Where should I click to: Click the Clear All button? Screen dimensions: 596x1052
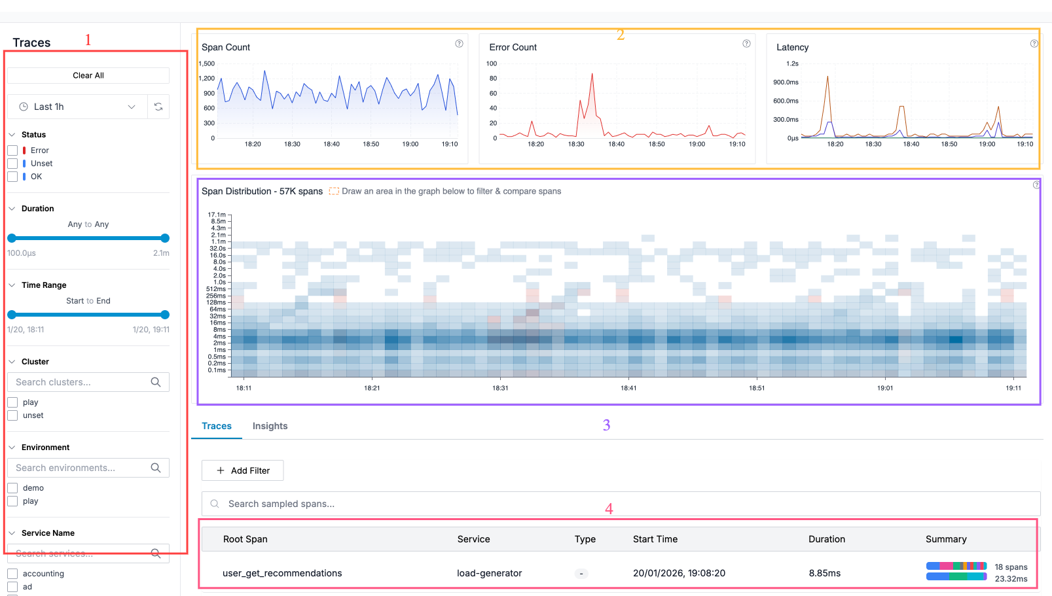click(x=88, y=75)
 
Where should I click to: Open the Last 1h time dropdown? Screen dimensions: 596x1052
click(x=77, y=107)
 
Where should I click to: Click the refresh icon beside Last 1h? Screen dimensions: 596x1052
click(x=158, y=107)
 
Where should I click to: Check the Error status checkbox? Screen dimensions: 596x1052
click(x=12, y=150)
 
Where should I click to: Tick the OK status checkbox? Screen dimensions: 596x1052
click(x=12, y=177)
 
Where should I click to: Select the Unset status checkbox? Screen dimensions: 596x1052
click(x=12, y=164)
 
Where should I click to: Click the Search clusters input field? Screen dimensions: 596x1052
click(x=82, y=382)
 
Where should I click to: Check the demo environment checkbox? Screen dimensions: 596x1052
click(x=12, y=488)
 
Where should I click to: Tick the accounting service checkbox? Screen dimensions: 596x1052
click(x=12, y=574)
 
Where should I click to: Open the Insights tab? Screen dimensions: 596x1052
click(x=270, y=426)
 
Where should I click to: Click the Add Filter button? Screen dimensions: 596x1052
click(x=243, y=470)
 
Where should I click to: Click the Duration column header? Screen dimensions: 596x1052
click(x=826, y=539)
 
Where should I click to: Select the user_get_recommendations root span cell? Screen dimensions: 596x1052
click(x=282, y=573)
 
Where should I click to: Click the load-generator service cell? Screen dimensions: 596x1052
click(x=489, y=573)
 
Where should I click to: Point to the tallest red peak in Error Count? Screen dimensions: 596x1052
click(x=592, y=75)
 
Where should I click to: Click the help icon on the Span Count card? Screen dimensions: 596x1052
click(x=459, y=44)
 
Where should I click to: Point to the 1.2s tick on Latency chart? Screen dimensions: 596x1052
click(x=792, y=63)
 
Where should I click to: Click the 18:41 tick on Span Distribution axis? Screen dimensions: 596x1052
click(x=628, y=388)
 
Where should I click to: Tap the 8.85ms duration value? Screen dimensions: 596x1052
click(x=824, y=573)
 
